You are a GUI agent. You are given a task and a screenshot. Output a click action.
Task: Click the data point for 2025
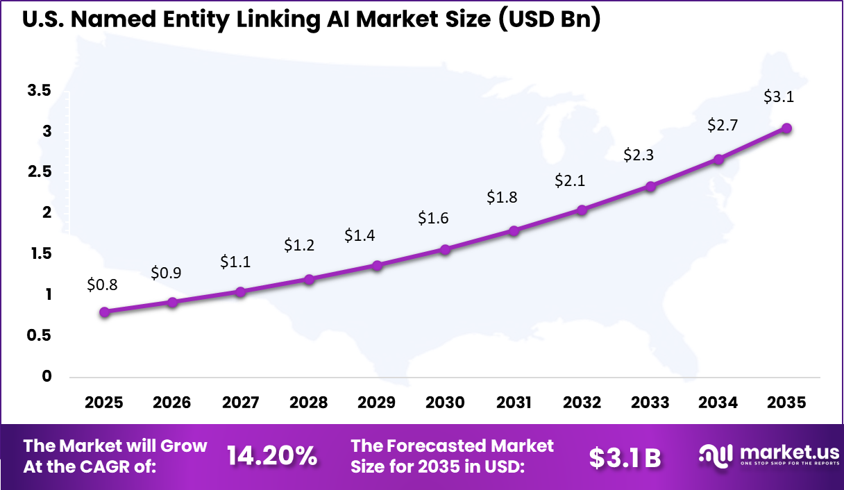(x=104, y=312)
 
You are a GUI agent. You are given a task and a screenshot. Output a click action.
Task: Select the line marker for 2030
(x=446, y=249)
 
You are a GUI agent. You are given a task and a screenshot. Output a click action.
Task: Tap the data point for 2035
(x=786, y=128)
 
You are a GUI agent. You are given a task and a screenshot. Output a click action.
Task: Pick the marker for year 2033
(x=650, y=186)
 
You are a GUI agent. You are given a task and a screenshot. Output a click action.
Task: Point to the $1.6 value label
(x=433, y=218)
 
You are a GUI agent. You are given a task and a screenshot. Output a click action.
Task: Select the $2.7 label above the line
(x=723, y=126)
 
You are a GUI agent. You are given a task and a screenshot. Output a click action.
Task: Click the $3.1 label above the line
(x=778, y=96)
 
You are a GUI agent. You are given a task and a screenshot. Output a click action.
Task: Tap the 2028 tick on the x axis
(x=309, y=403)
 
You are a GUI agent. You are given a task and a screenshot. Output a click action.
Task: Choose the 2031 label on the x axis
(x=514, y=403)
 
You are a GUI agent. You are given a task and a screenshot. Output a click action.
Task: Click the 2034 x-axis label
(x=718, y=403)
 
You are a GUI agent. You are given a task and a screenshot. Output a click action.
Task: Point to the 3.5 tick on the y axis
(x=39, y=90)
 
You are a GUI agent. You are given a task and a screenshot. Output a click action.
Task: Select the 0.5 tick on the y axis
(x=39, y=335)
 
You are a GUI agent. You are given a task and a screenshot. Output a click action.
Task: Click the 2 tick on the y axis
(x=47, y=212)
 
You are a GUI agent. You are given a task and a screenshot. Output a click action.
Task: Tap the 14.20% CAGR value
(x=272, y=456)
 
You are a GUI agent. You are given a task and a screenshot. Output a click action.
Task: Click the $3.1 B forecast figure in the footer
(x=625, y=457)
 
